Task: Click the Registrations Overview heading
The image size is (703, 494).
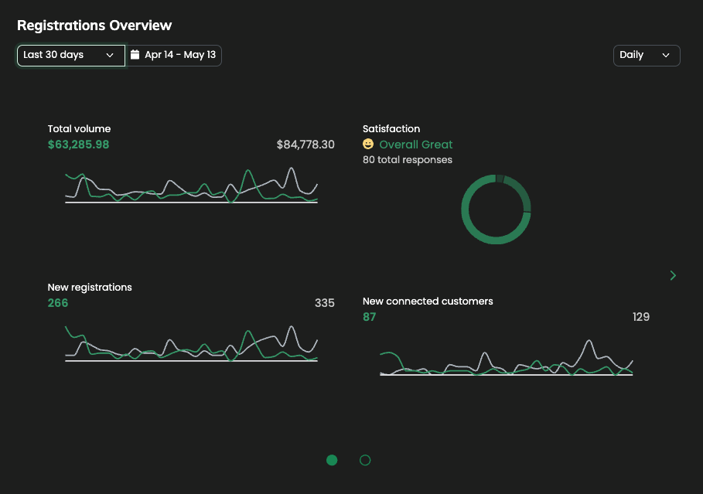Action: [94, 26]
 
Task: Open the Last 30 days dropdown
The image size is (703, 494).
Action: [70, 55]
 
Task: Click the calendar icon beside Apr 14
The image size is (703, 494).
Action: [135, 55]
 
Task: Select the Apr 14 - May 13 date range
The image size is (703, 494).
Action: [179, 55]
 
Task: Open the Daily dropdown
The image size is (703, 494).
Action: [646, 56]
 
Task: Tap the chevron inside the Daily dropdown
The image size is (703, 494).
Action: [666, 56]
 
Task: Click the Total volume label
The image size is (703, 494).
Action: [79, 129]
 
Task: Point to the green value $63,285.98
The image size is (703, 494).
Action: [78, 145]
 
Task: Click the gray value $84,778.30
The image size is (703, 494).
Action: [305, 145]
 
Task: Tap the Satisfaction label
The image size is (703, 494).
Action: [391, 129]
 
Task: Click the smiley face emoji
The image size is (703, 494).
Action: [368, 145]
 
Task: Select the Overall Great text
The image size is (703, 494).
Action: [416, 145]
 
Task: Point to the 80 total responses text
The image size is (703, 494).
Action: [408, 160]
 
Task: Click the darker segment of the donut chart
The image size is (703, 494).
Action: [523, 195]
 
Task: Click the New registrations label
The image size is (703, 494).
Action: [90, 288]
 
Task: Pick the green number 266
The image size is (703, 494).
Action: [58, 303]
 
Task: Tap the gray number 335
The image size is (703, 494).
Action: [325, 303]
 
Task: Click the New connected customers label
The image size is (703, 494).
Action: [428, 302]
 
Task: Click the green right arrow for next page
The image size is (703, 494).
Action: [673, 275]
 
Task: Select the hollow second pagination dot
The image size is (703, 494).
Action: [365, 460]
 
